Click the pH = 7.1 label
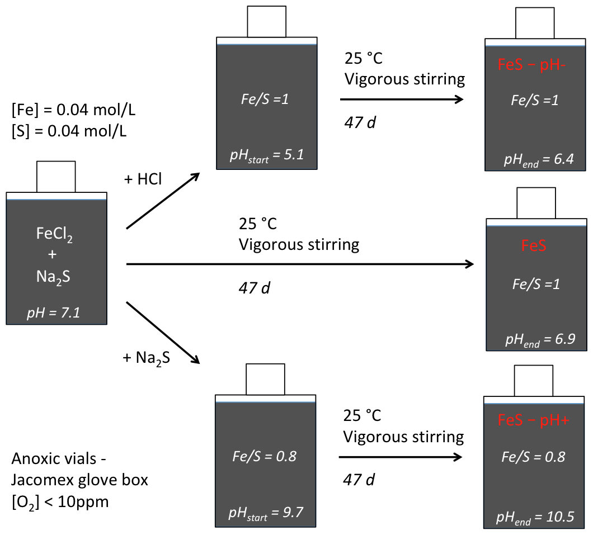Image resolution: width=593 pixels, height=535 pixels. (54, 313)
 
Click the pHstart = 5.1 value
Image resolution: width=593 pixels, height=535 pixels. (266, 155)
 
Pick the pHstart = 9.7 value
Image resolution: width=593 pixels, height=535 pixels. (266, 511)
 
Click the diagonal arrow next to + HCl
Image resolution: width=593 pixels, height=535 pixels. (163, 201)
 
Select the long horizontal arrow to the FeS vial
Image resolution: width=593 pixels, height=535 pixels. (300, 264)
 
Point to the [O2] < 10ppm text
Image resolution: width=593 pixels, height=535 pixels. (60, 501)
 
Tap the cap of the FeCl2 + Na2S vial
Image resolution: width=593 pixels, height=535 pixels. (56, 177)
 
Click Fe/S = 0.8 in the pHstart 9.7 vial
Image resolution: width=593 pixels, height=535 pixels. (265, 456)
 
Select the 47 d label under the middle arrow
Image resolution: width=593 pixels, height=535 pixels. (255, 288)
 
